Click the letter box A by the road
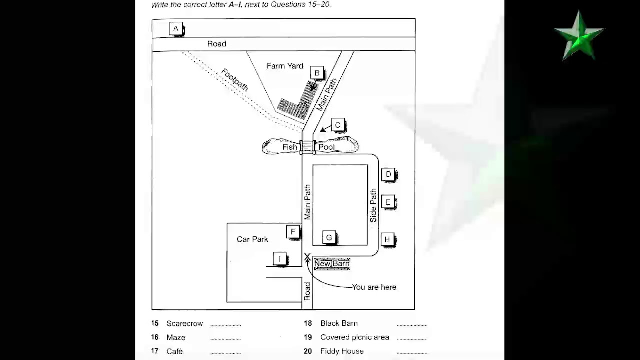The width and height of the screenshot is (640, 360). [176, 29]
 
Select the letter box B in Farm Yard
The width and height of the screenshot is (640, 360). [317, 73]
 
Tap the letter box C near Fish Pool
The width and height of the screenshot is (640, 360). [337, 125]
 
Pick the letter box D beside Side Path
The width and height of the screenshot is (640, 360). [388, 174]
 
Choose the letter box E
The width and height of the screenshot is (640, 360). [388, 202]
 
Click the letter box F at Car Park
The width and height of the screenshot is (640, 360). [293, 231]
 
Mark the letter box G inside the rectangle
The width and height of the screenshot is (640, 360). [328, 238]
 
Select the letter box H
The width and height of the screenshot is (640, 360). [387, 240]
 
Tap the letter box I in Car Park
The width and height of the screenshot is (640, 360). [280, 259]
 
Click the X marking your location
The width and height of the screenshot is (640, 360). [307, 257]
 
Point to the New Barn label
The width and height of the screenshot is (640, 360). [332, 264]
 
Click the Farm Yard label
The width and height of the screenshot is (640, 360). [285, 66]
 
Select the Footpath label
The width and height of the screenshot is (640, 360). [234, 80]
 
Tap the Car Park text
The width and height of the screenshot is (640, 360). [252, 239]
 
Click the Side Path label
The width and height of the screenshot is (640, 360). [373, 205]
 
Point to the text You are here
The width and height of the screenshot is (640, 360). [374, 287]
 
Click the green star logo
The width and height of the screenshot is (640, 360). [579, 36]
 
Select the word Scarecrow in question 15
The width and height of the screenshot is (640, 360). [184, 324]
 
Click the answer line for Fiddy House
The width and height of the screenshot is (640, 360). [412, 353]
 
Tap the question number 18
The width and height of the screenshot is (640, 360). [308, 323]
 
